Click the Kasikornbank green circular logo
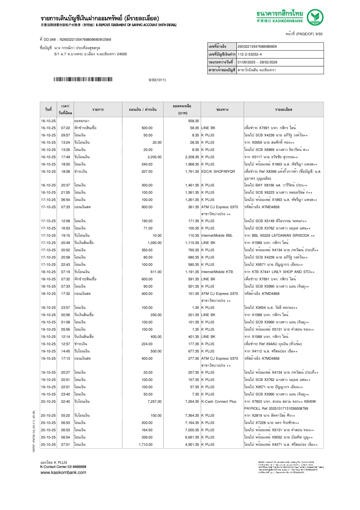315,17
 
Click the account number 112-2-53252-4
250,54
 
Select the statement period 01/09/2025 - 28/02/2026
257,62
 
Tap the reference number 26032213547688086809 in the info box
257,47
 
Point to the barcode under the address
83,79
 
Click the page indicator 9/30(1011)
157,80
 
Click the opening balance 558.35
194,121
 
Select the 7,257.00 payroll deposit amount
155,402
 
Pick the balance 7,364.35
192,416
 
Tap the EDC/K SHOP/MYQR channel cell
218,172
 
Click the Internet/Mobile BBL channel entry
217,236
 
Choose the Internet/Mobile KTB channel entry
217,272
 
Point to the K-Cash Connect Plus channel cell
219,402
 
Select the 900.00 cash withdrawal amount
147,207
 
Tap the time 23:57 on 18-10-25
65,308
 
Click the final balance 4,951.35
192,445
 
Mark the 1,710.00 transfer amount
146,445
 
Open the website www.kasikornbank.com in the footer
63,472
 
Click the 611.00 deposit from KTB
156,272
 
